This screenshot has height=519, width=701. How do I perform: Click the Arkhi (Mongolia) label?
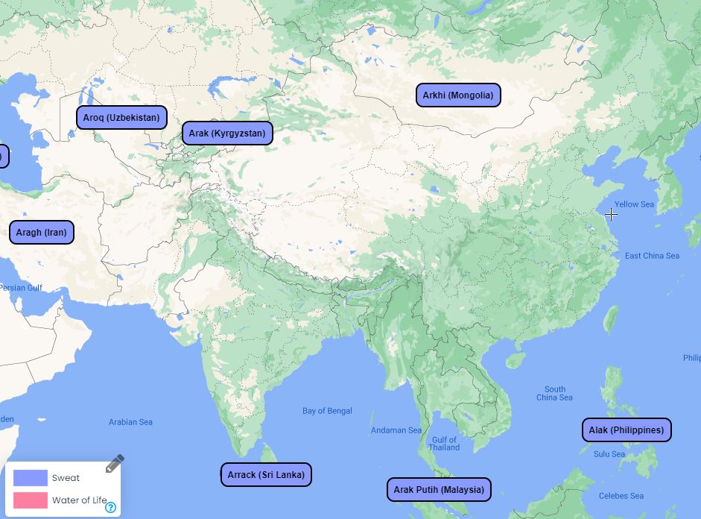pyautogui.click(x=457, y=95)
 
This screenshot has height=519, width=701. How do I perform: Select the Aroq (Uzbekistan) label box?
pyautogui.click(x=121, y=117)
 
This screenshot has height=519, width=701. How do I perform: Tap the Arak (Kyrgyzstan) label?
pyautogui.click(x=227, y=133)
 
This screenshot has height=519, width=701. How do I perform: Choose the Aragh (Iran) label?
pyautogui.click(x=41, y=232)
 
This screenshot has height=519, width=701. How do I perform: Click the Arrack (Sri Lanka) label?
pyautogui.click(x=266, y=474)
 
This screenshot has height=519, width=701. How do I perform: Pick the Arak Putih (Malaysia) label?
pyautogui.click(x=439, y=489)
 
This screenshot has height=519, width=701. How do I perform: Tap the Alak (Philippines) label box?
pyautogui.click(x=626, y=430)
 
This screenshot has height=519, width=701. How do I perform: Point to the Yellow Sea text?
pyautogui.click(x=634, y=204)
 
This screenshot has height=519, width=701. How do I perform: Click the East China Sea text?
pyautogui.click(x=652, y=256)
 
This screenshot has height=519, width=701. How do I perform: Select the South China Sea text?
pyautogui.click(x=554, y=393)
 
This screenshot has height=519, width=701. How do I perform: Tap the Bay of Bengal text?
pyautogui.click(x=327, y=411)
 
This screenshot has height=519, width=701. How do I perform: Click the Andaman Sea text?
pyautogui.click(x=396, y=430)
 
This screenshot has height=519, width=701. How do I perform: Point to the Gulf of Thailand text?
pyautogui.click(x=444, y=444)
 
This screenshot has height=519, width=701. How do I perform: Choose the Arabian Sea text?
pyautogui.click(x=130, y=422)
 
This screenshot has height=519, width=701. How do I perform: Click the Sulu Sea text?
pyautogui.click(x=609, y=454)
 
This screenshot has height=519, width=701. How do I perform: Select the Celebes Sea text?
pyautogui.click(x=621, y=496)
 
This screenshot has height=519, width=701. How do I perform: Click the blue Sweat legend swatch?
pyautogui.click(x=31, y=478)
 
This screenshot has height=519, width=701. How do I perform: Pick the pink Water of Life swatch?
pyautogui.click(x=31, y=500)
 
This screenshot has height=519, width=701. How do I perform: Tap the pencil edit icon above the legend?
pyautogui.click(x=114, y=464)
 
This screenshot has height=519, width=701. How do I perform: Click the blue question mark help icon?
pyautogui.click(x=110, y=508)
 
